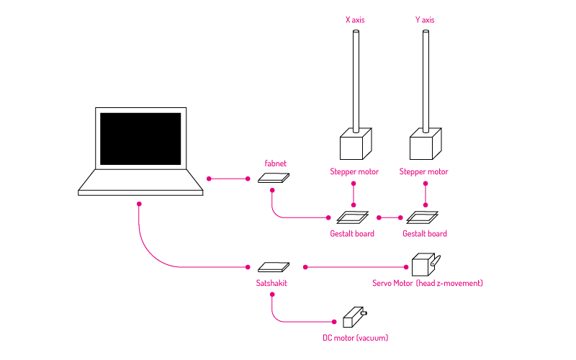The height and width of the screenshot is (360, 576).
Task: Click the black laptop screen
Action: (140, 139)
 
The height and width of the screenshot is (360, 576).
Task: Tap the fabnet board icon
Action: (274, 178)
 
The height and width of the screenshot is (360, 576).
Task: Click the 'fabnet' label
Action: (275, 163)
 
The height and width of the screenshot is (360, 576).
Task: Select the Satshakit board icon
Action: (274, 266)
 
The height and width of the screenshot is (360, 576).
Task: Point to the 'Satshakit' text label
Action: (271, 283)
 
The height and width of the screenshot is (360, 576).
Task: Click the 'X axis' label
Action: (355, 20)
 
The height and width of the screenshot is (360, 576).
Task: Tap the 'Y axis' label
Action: (425, 20)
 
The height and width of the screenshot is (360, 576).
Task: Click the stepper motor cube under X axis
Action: (356, 143)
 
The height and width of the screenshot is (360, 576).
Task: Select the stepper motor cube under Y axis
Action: (426, 143)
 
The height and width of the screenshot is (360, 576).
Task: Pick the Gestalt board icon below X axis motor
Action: (353, 217)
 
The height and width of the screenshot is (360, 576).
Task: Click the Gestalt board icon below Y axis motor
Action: (423, 217)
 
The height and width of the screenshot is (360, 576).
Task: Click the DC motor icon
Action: (354, 317)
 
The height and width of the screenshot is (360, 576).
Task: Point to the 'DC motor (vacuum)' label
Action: (355, 338)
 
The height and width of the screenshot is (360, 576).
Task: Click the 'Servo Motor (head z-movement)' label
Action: (428, 283)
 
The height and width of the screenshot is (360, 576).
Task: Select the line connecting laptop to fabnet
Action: (228, 179)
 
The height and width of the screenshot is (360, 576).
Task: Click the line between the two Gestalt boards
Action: (390, 218)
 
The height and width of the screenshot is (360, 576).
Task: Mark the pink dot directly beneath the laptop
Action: (139, 204)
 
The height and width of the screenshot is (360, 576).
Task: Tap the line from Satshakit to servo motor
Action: (356, 267)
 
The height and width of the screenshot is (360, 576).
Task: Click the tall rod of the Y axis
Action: (426, 81)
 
